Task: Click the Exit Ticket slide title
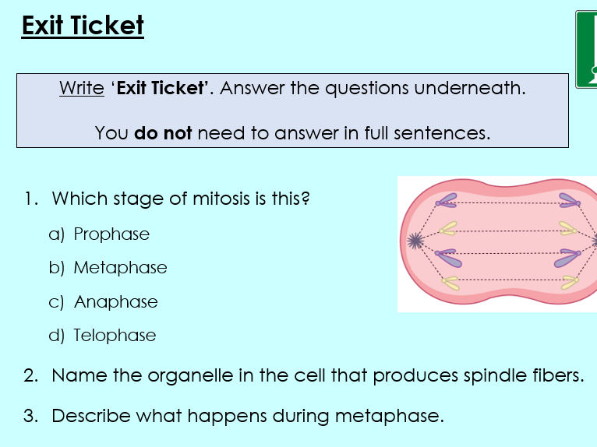tap(83, 26)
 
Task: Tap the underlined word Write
tap(81, 88)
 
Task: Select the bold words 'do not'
tap(163, 133)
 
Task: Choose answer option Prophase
tap(111, 234)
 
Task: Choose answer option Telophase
tap(115, 335)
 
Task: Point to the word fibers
tap(553, 375)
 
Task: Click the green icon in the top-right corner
tap(587, 49)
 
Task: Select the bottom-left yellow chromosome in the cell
tap(450, 282)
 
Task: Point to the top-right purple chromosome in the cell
tap(568, 202)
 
